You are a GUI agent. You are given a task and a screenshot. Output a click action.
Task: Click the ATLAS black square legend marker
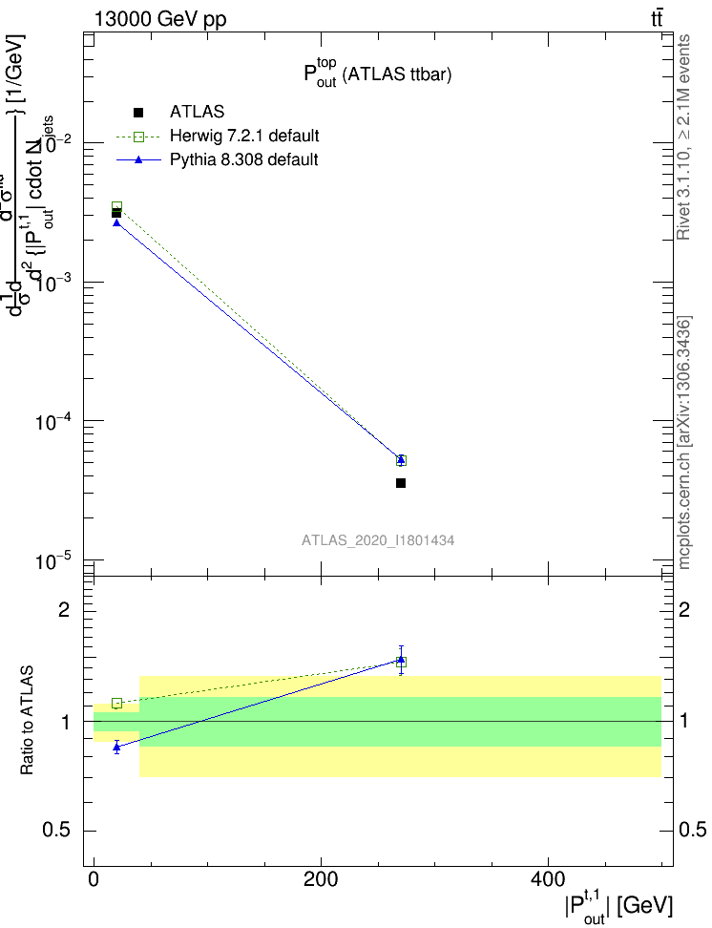coord(138,113)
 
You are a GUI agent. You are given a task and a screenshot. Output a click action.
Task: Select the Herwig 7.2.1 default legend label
coord(244,136)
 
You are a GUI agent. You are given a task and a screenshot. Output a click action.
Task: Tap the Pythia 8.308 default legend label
coord(244,159)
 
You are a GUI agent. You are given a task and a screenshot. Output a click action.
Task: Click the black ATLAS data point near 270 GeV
coord(401,483)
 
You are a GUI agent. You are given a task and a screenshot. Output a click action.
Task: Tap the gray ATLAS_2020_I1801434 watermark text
coord(378,540)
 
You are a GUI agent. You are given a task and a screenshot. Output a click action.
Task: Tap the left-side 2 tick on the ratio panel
coord(66,610)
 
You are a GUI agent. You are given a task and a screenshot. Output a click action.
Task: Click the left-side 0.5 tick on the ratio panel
coord(57,831)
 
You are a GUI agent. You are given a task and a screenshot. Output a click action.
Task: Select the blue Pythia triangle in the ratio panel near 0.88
coord(116,747)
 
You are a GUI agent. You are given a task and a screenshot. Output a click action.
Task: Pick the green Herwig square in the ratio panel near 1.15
coord(116,704)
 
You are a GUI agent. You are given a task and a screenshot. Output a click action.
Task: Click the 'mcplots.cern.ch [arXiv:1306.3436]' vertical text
coord(685,441)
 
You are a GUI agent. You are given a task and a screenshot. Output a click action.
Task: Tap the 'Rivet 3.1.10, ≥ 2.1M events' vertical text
coord(685,136)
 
